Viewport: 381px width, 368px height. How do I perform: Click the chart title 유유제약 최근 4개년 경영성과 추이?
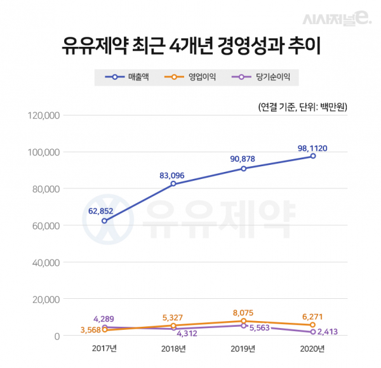[x=190, y=46]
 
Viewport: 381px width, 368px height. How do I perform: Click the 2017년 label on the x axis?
[x=104, y=349]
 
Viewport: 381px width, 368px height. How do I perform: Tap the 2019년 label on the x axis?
[x=243, y=349]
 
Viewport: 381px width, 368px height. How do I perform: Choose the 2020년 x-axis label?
[x=312, y=349]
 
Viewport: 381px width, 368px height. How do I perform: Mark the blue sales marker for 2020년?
[x=312, y=155]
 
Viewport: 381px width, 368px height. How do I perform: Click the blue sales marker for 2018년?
[x=173, y=184]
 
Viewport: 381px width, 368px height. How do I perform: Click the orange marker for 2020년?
[x=312, y=324]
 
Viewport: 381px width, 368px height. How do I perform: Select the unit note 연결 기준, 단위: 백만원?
[x=303, y=106]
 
